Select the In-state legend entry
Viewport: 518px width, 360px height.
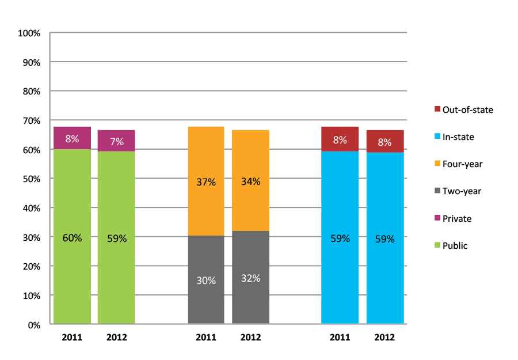click(458, 137)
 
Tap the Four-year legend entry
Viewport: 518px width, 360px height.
click(462, 164)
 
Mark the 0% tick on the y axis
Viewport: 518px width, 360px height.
click(33, 325)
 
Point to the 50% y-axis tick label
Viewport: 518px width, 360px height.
click(31, 179)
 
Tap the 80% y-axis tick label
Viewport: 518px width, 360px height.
click(31, 92)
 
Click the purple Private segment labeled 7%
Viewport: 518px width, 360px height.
click(116, 141)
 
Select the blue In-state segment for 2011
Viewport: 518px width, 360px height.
click(340, 237)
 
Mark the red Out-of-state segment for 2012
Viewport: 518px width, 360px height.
click(385, 142)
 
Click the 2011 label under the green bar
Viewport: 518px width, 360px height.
click(72, 338)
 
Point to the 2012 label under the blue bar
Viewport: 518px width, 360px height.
click(385, 338)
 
